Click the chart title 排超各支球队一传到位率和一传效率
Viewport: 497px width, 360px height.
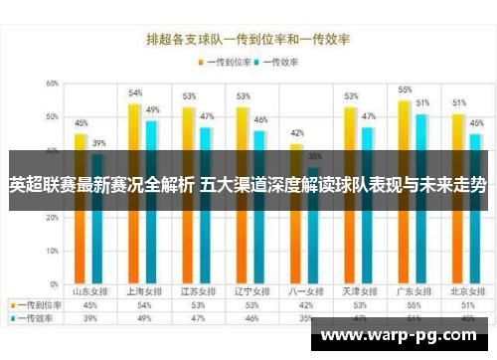click(x=248, y=41)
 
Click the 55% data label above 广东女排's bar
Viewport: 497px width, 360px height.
click(x=405, y=90)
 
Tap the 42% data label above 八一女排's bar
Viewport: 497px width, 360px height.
click(x=296, y=132)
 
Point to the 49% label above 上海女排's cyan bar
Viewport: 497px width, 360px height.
click(x=152, y=109)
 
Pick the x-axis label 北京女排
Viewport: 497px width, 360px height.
click(x=466, y=291)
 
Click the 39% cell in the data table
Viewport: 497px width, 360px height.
click(x=89, y=318)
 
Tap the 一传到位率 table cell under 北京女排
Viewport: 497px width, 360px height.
click(x=466, y=305)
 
